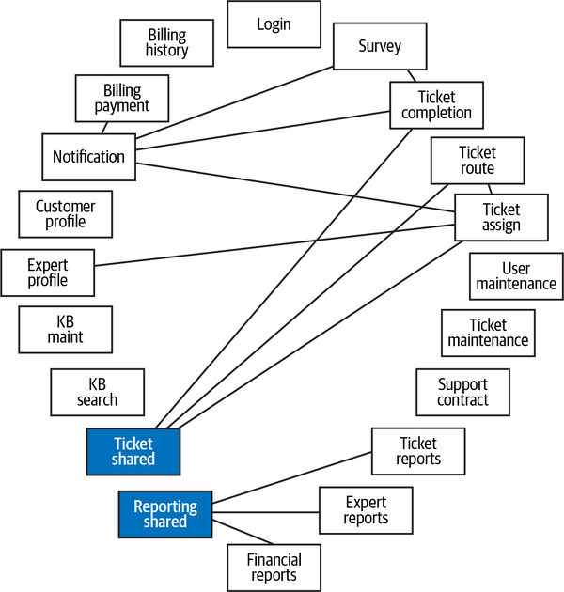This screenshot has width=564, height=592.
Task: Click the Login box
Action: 274,24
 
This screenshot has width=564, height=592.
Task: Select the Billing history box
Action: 167,43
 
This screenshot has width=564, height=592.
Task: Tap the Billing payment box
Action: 121,99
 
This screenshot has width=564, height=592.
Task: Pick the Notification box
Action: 88,157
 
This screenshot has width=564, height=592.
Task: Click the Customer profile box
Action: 66,214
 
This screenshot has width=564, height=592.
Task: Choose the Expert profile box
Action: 48,273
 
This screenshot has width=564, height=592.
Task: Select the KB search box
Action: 98,392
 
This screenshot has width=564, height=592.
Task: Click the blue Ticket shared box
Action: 133,452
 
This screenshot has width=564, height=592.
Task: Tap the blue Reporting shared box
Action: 165,514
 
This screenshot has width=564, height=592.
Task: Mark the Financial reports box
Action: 274,568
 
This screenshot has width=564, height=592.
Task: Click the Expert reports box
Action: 366,510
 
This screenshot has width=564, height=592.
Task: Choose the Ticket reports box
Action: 418,452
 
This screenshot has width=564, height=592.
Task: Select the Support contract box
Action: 463,392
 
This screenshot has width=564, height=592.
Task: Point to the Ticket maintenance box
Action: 488,333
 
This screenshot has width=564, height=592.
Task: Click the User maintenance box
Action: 516,276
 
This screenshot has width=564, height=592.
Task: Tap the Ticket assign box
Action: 501,218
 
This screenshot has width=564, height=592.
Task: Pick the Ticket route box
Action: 477,161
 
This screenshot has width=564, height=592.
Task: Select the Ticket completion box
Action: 436,105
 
